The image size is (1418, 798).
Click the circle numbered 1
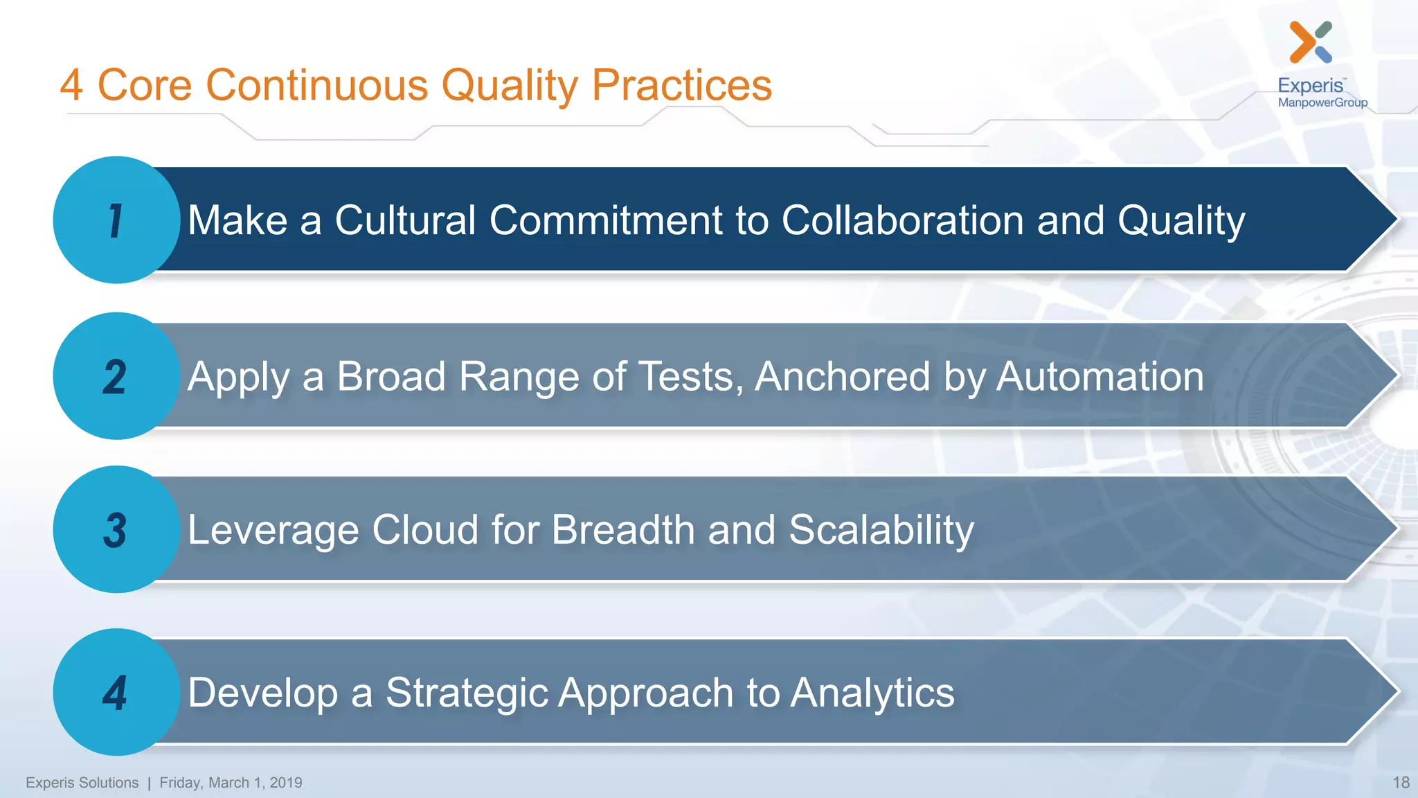coord(116,220)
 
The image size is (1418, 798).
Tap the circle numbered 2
coord(116,376)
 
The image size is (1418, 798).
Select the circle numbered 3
coord(116,530)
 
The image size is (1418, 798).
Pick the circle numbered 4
coord(116,692)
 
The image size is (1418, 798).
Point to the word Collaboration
coord(902,220)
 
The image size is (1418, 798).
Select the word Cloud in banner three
coord(424,530)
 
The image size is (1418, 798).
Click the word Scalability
coord(881,531)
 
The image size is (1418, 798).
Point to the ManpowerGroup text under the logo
coord(1322,103)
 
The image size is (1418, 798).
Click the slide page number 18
coord(1401,783)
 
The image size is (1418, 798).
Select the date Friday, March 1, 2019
coord(231,783)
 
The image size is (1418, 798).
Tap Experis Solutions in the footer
coord(82,783)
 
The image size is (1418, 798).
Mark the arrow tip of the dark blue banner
coord(1378,219)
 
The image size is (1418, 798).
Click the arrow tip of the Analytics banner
coord(1378,691)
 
